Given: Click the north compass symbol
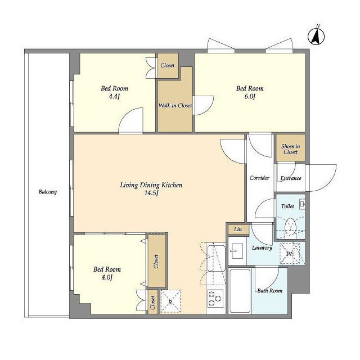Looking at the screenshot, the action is point(316,36).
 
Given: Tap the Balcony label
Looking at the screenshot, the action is point(47,192).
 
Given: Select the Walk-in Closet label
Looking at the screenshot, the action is point(175,106).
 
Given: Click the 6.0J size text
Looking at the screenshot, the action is point(250,96).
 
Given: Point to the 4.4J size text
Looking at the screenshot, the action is point(114,96).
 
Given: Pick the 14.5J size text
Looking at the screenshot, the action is point(151,193).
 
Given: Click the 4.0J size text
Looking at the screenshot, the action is point(107,277).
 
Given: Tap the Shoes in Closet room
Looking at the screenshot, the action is point(291,148).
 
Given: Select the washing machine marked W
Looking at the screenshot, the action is point(290,254).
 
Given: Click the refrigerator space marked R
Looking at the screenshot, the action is point(170,302).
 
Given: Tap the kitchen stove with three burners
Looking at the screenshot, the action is point(215,299).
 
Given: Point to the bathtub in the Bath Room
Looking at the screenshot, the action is point(240,291).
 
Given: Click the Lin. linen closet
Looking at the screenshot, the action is point(238,229).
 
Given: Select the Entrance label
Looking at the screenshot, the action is point(291,178).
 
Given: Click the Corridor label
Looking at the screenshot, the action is point(259,178).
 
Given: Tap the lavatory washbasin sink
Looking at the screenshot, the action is point(236,251).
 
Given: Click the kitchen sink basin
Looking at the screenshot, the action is point(216,259).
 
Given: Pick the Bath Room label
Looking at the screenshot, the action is point(270,291).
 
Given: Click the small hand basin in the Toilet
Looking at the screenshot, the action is point(303,205).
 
